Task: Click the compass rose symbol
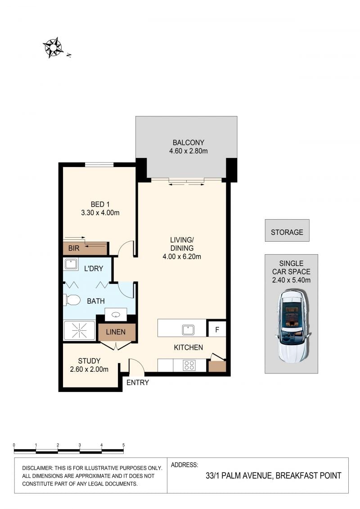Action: pyautogui.click(x=53, y=48)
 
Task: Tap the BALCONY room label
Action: pyautogui.click(x=188, y=143)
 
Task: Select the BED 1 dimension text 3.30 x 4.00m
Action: pyautogui.click(x=100, y=213)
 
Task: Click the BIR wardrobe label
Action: pyautogui.click(x=74, y=248)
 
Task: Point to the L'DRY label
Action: pyautogui.click(x=94, y=269)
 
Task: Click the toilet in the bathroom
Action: pyautogui.click(x=72, y=300)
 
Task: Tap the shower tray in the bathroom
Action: pyautogui.click(x=80, y=330)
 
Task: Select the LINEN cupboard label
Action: pyautogui.click(x=116, y=332)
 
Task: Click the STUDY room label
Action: pyautogui.click(x=89, y=361)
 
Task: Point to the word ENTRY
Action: pyautogui.click(x=138, y=383)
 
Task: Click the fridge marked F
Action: pyautogui.click(x=217, y=329)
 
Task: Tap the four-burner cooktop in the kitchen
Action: pyautogui.click(x=189, y=365)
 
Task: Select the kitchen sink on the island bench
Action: pyautogui.click(x=188, y=330)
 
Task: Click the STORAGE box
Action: pyautogui.click(x=287, y=230)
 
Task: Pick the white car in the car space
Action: pyautogui.click(x=292, y=326)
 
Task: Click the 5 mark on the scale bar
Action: pyautogui.click(x=123, y=445)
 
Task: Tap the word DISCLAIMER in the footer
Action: pyautogui.click(x=37, y=468)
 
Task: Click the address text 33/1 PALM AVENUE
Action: pyautogui.click(x=239, y=476)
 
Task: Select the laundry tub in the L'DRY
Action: pyautogui.click(x=71, y=264)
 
